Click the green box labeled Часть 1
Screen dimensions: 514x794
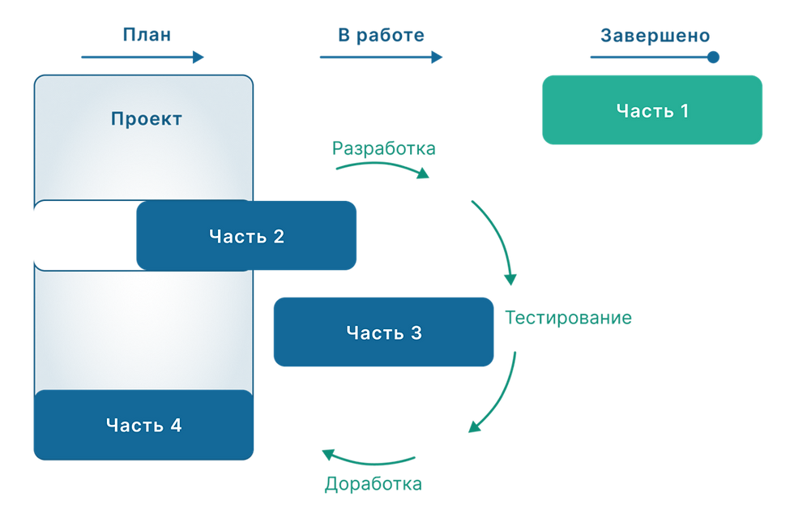point(651,110)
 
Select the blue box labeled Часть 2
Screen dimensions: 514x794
point(246,236)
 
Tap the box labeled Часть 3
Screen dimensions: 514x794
point(383,332)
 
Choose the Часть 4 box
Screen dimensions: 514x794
point(143,424)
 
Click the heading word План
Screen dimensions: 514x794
point(147,35)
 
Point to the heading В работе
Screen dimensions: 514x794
point(381,35)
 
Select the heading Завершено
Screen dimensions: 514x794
point(655,35)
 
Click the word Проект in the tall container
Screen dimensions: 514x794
point(146,119)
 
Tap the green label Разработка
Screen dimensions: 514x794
point(383,148)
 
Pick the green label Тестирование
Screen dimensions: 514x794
point(567,318)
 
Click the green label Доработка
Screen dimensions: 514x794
point(373,485)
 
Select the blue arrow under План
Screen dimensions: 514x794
point(143,57)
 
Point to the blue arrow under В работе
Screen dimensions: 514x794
point(381,57)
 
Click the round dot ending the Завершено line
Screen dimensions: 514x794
point(713,57)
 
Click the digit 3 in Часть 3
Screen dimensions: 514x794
point(416,332)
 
